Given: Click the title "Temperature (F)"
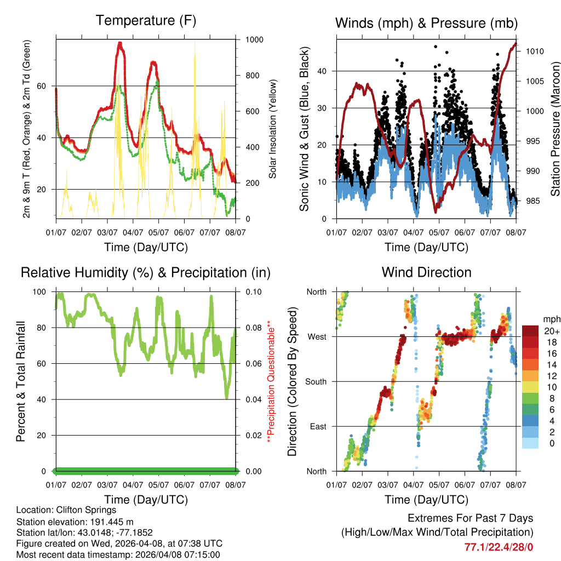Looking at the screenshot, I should (x=146, y=21).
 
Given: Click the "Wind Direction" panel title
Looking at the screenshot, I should (x=426, y=272).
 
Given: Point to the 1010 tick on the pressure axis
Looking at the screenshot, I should (x=534, y=51).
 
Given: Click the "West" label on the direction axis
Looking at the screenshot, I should (x=317, y=336).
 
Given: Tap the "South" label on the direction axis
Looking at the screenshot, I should (x=315, y=381).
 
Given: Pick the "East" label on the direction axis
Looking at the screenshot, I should (x=318, y=426).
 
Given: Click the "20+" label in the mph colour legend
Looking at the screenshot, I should (x=551, y=331).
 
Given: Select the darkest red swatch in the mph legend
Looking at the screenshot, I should (x=530, y=331).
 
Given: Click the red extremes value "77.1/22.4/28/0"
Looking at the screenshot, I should (x=499, y=547).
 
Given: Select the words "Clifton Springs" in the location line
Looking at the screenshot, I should (x=89, y=510).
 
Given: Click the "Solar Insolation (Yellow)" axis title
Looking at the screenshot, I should (x=272, y=129).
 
